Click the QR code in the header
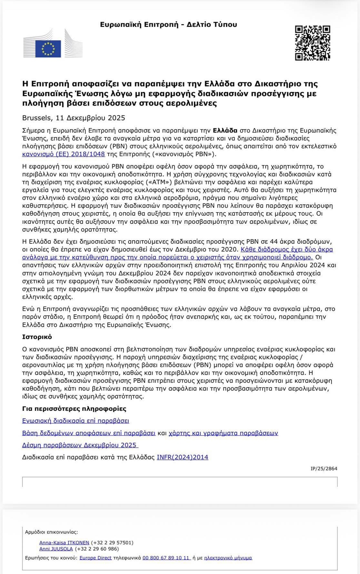tap(312, 43)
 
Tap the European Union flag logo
tap(48, 49)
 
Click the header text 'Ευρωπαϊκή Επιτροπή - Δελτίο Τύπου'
tap(168, 25)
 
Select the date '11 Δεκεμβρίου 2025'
tap(90, 118)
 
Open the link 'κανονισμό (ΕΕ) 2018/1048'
tap(63, 154)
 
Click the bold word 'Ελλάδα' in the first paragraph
tap(225, 131)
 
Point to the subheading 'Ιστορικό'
tap(37, 337)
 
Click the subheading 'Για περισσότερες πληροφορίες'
tap(74, 409)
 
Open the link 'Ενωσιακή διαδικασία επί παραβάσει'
tap(75, 421)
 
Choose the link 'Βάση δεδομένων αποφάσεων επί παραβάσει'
tap(89, 433)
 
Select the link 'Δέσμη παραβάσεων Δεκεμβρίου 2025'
tap(80, 445)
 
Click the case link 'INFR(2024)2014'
tap(182, 457)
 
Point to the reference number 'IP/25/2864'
tap(324, 469)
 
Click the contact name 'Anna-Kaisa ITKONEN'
tap(64, 543)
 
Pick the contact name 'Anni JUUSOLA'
tap(56, 549)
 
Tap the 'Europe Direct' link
tap(95, 558)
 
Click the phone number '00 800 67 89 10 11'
tap(166, 558)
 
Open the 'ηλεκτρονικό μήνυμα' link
tap(228, 558)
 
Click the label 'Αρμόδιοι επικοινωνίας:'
tap(51, 532)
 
